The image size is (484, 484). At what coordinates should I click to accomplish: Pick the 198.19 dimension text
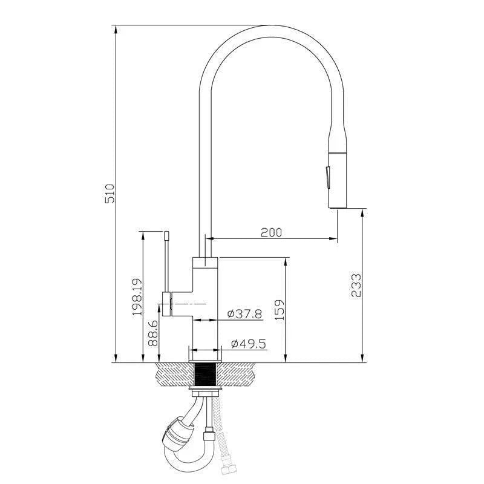tap(137, 297)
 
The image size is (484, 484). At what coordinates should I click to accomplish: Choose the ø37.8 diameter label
tap(244, 313)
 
